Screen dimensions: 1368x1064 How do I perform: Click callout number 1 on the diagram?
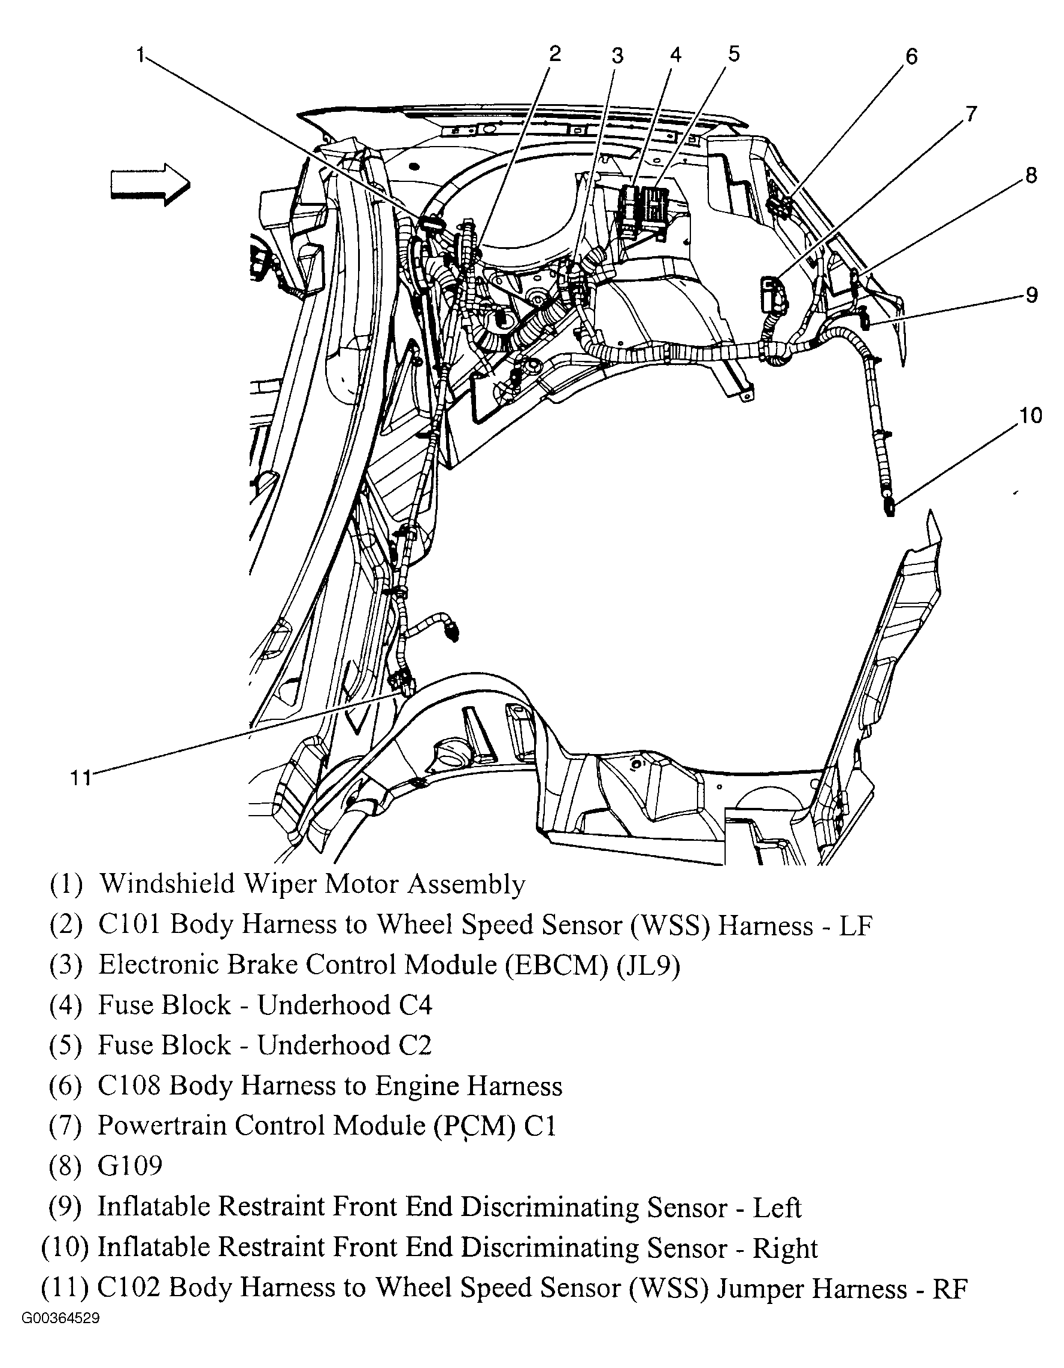point(142,55)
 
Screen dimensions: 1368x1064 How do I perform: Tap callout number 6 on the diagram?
point(911,57)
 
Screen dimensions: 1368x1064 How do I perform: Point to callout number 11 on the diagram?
point(80,778)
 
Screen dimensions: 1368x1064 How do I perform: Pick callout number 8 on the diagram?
point(1031,175)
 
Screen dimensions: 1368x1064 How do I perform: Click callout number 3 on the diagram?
point(617,56)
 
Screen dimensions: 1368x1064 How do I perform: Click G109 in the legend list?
point(130,1166)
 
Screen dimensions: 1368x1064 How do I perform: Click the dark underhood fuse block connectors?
point(644,210)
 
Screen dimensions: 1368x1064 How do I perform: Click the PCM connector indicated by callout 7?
point(771,293)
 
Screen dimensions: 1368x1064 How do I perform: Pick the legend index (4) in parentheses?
point(66,1005)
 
